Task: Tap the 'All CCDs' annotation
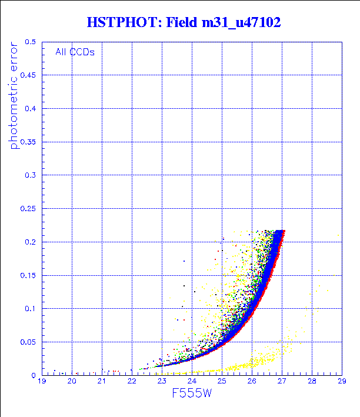(x=75, y=52)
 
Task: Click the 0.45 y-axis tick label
(x=29, y=75)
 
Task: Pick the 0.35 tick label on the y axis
(x=29, y=142)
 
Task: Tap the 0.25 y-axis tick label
(x=29, y=209)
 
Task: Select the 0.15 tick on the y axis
(x=29, y=275)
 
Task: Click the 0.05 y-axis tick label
(x=29, y=342)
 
